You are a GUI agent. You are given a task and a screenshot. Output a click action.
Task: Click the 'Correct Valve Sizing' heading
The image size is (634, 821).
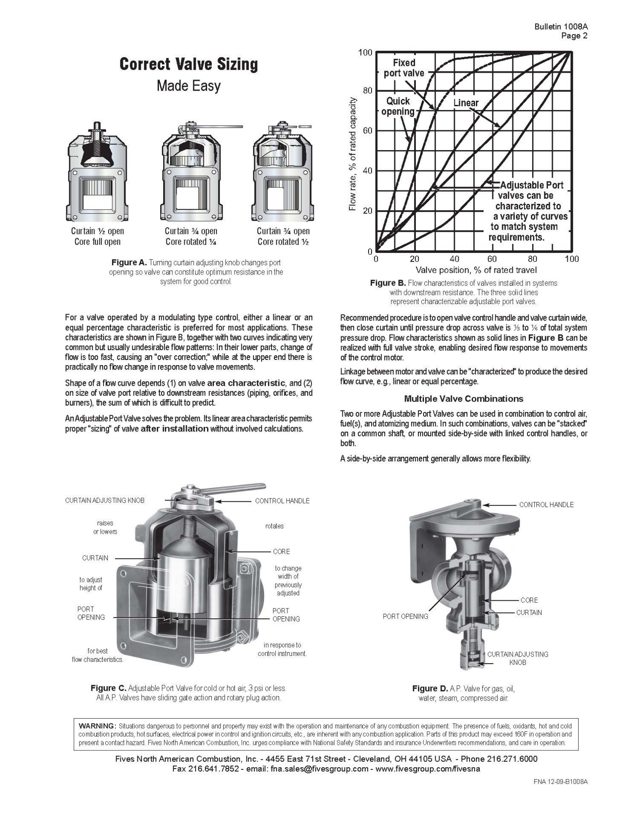189,64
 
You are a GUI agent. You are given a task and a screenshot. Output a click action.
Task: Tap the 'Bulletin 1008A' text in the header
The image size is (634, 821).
560,27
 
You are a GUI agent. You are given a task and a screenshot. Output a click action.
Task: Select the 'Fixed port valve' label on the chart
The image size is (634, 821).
404,68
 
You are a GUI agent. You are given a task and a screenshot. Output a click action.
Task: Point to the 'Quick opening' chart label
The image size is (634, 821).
398,106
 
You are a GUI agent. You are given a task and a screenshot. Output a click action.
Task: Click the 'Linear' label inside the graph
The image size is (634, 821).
466,103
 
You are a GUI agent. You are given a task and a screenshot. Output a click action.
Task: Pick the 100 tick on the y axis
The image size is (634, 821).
365,52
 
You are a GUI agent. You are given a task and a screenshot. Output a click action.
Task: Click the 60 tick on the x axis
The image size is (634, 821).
492,259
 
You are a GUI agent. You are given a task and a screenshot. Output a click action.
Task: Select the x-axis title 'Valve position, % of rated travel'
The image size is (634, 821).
476,270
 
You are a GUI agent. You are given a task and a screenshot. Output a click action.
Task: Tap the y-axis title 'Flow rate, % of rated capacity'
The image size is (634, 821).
352,154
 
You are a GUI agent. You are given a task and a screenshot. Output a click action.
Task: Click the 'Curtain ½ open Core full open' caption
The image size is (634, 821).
97,236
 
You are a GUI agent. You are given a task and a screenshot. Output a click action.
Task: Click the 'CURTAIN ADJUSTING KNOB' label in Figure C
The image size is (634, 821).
104,500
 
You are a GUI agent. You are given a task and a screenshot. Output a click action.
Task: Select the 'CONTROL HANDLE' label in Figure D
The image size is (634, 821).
546,505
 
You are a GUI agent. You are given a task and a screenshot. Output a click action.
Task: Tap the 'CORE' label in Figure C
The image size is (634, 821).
281,552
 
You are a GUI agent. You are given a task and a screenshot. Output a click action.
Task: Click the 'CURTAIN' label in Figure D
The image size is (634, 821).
529,612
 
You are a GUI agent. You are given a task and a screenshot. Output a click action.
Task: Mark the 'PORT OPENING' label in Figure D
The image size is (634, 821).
405,616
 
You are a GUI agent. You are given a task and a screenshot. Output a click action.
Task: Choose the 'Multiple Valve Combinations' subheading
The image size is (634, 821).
464,398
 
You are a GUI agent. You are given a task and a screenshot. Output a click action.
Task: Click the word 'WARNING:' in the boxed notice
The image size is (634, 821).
97,726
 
